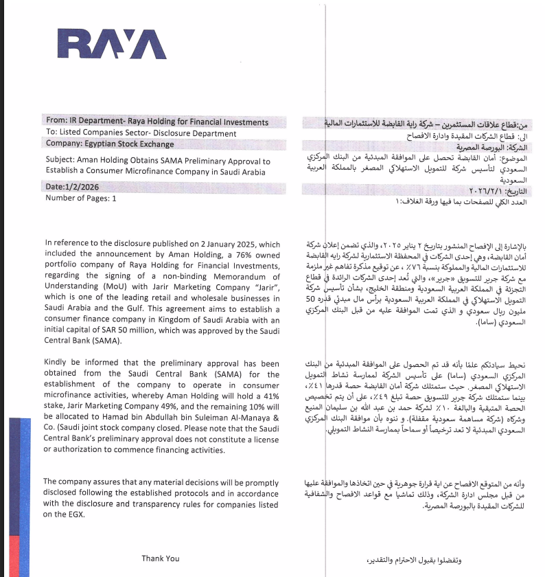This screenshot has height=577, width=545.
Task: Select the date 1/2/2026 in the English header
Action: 87,187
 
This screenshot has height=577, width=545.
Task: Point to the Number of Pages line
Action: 81,198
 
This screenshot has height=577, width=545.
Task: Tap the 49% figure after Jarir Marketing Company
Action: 165,407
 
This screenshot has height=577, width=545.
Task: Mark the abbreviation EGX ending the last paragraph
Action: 75,514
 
